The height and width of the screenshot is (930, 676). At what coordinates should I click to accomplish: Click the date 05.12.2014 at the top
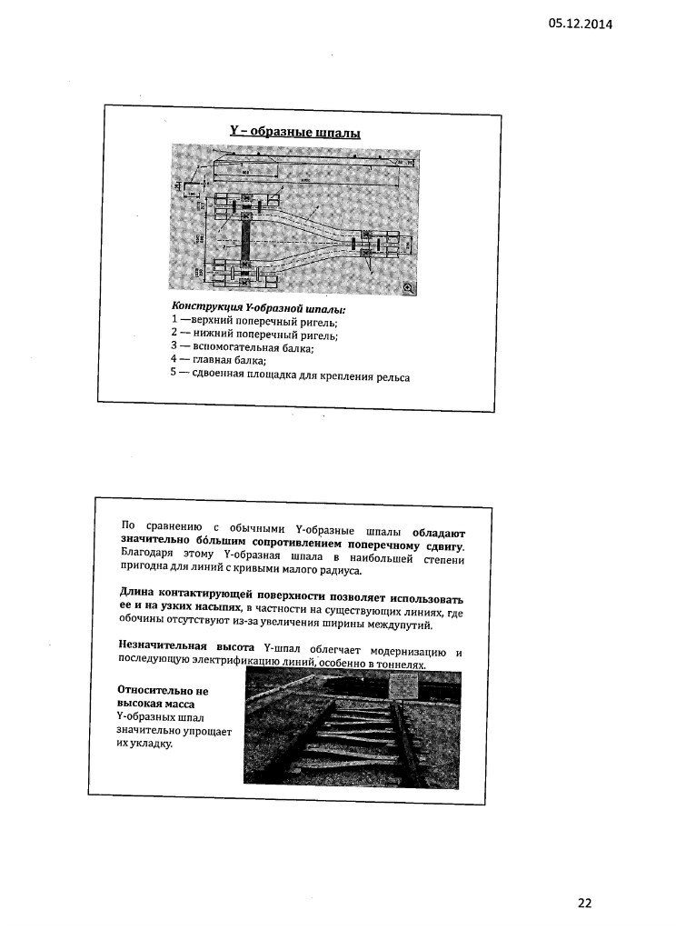580,24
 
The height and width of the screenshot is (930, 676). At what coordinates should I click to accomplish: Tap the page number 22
584,903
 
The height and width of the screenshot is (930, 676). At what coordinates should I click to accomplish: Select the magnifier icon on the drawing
408,287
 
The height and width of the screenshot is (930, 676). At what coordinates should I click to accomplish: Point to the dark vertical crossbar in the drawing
244,238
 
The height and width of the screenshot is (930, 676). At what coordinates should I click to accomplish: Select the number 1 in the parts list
174,322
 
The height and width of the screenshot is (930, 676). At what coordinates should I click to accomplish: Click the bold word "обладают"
438,530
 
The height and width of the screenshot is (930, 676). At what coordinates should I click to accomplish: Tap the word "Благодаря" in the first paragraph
148,557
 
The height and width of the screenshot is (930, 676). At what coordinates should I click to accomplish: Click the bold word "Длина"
138,596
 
